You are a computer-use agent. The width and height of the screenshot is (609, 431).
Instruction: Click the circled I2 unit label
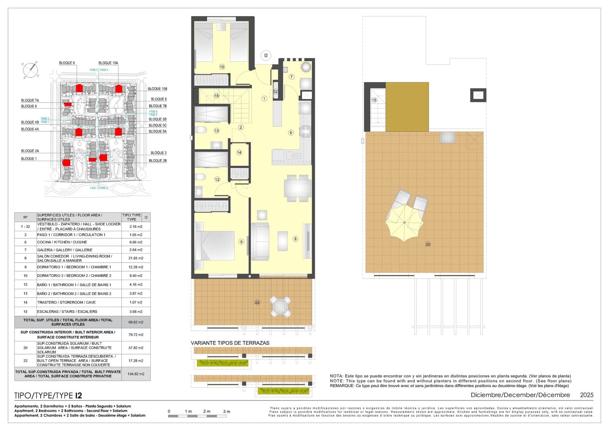[x=266, y=56]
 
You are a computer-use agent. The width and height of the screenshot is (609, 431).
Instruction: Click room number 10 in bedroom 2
[x=222, y=67]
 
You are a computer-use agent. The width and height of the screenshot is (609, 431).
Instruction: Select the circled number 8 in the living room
[x=295, y=239]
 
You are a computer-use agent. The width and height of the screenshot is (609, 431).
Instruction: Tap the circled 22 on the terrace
[x=257, y=302]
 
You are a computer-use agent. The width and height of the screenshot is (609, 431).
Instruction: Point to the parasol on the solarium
[x=404, y=223]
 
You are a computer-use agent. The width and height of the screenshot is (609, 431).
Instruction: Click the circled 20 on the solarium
[x=428, y=244]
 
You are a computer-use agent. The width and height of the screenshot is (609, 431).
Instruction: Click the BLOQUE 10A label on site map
[x=108, y=63]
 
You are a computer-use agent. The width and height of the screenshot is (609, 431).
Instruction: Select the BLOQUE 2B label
[x=158, y=161]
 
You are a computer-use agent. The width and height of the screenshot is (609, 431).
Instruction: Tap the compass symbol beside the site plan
[x=30, y=70]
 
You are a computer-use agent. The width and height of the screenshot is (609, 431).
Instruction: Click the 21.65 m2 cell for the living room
[x=136, y=258]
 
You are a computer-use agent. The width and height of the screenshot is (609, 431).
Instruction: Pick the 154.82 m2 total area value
[x=136, y=374]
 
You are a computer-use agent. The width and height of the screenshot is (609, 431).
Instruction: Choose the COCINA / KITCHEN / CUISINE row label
[x=62, y=242]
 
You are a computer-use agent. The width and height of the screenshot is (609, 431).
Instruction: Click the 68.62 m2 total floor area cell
[x=136, y=322]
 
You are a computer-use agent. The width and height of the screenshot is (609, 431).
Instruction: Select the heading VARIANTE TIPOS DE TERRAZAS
[x=230, y=343]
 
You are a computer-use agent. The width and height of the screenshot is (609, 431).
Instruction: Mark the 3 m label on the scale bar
[x=226, y=412]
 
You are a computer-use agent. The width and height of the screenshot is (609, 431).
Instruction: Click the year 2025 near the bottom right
[x=587, y=395]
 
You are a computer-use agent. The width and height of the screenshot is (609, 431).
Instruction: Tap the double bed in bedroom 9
[x=214, y=245]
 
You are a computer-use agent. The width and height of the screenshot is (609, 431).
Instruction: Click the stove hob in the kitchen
[x=305, y=131]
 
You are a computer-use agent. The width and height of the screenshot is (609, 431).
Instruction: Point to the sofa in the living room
[x=260, y=242]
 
